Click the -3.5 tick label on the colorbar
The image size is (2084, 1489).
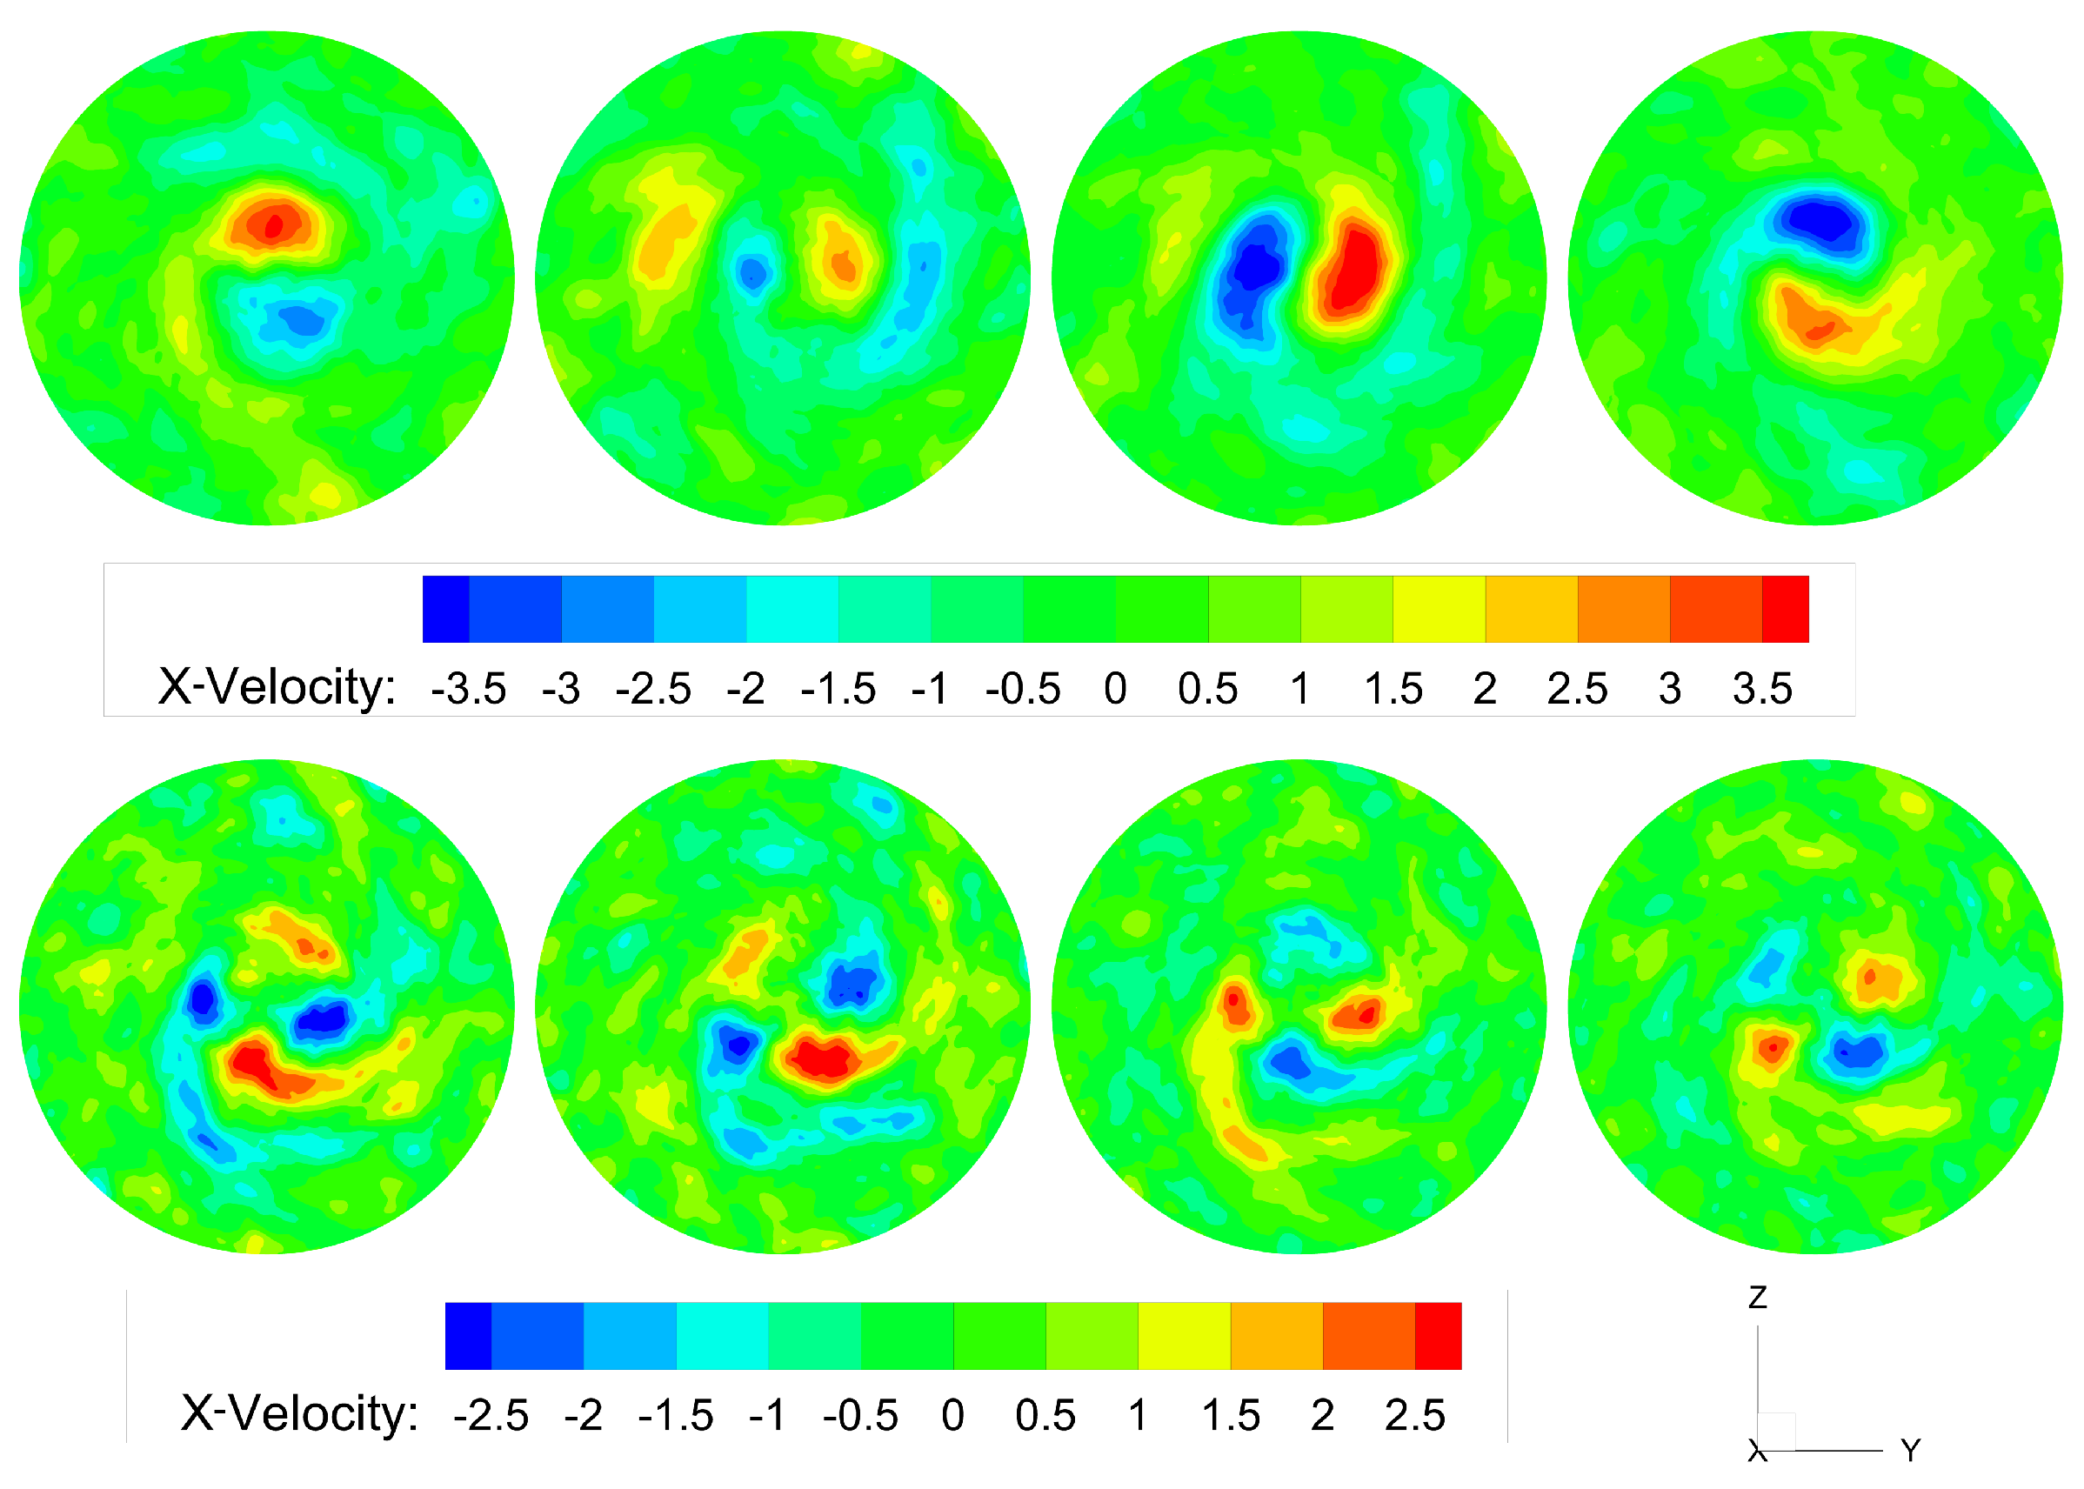468,689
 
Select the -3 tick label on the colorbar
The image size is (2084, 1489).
560,689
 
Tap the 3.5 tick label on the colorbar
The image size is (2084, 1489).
1761,689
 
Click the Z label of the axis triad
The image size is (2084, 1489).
1757,1298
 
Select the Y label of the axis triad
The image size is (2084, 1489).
1910,1451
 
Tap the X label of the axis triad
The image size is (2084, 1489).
1756,1452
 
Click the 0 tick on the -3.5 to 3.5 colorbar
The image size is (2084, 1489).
1115,689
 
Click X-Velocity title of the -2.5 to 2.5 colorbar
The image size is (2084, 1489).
299,1413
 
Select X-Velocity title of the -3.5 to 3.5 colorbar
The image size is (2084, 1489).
277,687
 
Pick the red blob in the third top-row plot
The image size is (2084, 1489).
1354,270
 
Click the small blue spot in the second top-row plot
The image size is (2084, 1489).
752,271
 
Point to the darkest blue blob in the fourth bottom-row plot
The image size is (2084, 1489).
1857,1052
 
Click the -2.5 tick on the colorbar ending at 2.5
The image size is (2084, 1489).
491,1415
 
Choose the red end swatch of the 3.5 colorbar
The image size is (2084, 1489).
1784,609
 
